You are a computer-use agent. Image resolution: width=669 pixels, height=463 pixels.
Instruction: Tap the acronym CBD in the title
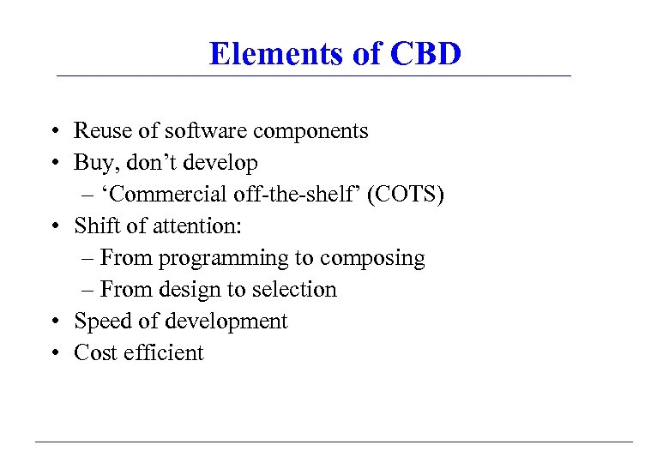(x=425, y=54)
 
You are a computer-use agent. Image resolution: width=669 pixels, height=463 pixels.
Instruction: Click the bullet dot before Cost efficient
(x=53, y=353)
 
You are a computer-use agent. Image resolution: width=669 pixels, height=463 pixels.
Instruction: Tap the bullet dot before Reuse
(x=53, y=132)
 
